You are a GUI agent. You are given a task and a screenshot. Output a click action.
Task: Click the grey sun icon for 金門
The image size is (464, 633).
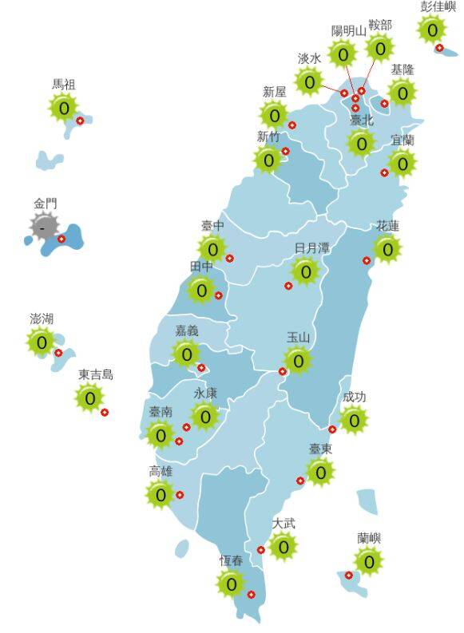(42, 227)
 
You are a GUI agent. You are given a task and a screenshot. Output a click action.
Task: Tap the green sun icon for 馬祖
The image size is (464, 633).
(63, 107)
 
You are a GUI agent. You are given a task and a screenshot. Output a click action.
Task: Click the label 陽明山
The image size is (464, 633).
(348, 31)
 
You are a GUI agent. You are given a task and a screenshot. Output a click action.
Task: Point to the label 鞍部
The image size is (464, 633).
(380, 25)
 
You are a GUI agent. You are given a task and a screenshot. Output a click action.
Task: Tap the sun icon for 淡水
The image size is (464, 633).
(309, 81)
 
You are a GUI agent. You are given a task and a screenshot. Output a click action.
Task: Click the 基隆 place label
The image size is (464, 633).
(403, 70)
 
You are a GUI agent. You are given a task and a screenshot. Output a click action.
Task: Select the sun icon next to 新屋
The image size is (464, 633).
(275, 115)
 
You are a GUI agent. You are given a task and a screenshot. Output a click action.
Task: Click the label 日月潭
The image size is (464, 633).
(311, 248)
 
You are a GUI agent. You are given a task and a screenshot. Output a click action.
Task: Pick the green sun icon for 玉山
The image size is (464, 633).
(298, 361)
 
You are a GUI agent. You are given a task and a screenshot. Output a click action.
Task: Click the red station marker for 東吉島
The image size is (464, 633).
(105, 412)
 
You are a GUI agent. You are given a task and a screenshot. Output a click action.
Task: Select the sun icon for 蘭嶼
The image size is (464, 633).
(368, 561)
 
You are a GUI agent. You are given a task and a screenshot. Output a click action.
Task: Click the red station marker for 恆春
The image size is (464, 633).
(252, 594)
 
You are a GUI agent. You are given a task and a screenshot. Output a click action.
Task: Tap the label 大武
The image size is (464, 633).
(284, 524)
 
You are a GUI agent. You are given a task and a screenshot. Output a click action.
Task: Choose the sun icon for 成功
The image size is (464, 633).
(354, 418)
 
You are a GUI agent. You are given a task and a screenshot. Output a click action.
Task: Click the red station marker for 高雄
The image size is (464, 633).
(180, 495)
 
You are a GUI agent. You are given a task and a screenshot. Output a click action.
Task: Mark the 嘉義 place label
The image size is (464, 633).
(187, 330)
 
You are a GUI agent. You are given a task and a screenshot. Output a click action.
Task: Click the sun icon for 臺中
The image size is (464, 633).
(212, 248)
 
